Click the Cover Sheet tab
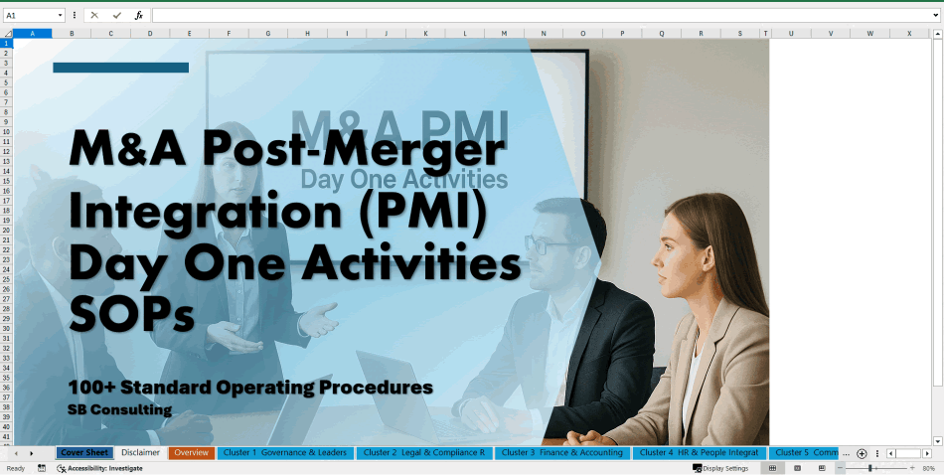coord(84,453)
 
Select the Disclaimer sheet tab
coord(141,453)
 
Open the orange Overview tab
coord(191,453)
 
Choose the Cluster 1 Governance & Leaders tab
coord(285,453)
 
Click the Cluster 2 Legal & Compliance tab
coord(424,453)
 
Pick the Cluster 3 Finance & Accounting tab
coord(562,453)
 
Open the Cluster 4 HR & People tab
coord(699,453)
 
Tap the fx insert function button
coord(139,16)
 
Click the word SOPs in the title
coord(132,315)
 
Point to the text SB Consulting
coord(120,409)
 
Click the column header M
coord(504,34)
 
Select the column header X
coord(908,34)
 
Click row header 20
coord(6,230)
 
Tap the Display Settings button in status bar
coord(721,468)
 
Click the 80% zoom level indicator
coord(928,468)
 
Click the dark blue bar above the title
coord(120,68)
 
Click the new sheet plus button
coord(862,453)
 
